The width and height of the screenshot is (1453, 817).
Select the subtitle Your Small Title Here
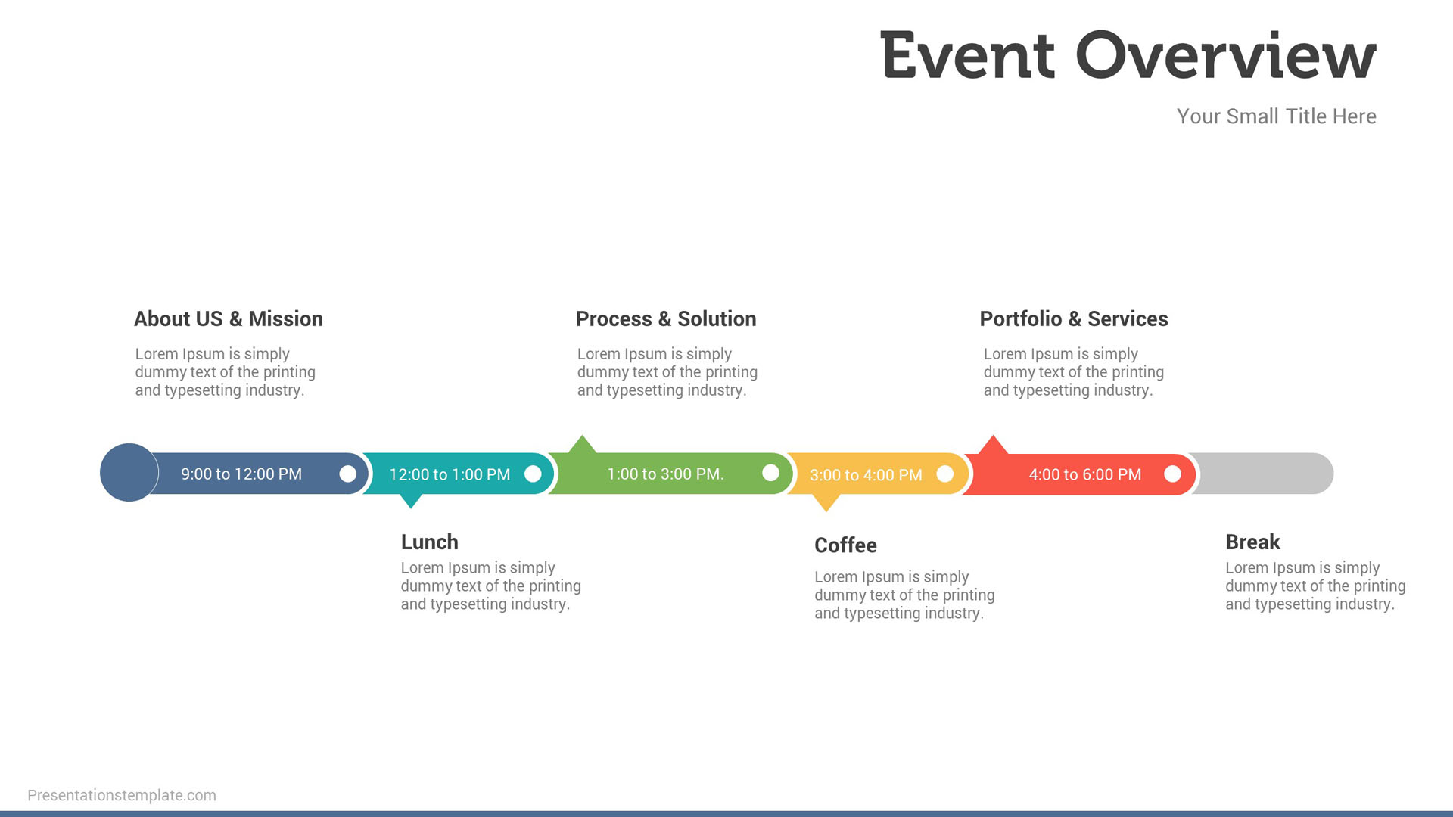point(1276,116)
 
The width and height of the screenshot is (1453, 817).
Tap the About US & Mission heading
point(228,319)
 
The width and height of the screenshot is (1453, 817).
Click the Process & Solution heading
point(665,319)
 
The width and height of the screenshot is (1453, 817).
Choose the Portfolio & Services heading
point(1073,319)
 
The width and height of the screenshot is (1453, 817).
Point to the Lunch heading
point(429,542)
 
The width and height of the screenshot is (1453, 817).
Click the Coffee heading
point(845,545)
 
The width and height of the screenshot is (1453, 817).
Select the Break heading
point(1252,542)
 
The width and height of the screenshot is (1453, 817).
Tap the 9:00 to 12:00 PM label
point(241,474)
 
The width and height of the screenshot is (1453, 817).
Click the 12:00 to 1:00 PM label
point(450,475)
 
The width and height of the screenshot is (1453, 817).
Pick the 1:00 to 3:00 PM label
point(665,474)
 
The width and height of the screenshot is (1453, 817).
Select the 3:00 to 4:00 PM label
point(866,475)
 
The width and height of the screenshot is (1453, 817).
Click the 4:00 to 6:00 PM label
point(1084,475)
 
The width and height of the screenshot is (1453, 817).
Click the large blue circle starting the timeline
point(129,473)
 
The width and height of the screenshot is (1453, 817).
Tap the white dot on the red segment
point(1172,474)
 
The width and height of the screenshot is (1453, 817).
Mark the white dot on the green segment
point(770,474)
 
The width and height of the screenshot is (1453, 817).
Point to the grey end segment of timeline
point(1271,474)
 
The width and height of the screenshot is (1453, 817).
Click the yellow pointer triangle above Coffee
point(826,502)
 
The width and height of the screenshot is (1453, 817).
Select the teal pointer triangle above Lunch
point(410,501)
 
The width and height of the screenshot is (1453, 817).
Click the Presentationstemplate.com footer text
point(122,795)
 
